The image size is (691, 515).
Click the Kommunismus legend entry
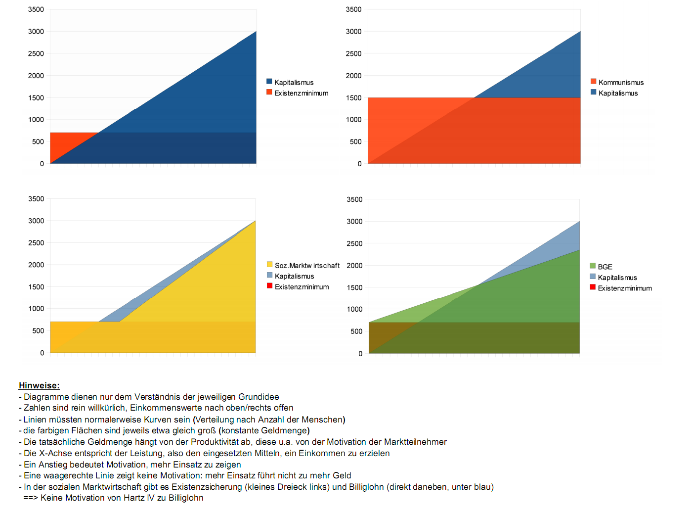click(621, 83)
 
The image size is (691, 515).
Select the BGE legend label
click(605, 267)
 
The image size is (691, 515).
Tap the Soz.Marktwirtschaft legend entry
click(307, 266)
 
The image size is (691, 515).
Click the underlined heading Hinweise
click(39, 385)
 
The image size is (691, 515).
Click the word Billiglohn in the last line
click(186, 498)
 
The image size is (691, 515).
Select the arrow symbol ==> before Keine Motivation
click(31, 498)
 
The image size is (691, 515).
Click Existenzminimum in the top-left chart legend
click(301, 93)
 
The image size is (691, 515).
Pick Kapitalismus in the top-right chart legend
click(618, 93)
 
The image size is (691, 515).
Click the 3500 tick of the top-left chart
click(36, 9)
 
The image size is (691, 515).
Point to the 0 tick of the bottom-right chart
click(360, 353)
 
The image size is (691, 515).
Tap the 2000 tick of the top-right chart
click(353, 76)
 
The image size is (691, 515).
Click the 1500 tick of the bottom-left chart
click(36, 287)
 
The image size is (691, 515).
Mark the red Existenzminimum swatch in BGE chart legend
click(593, 287)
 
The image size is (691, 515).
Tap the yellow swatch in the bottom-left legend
click(269, 265)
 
